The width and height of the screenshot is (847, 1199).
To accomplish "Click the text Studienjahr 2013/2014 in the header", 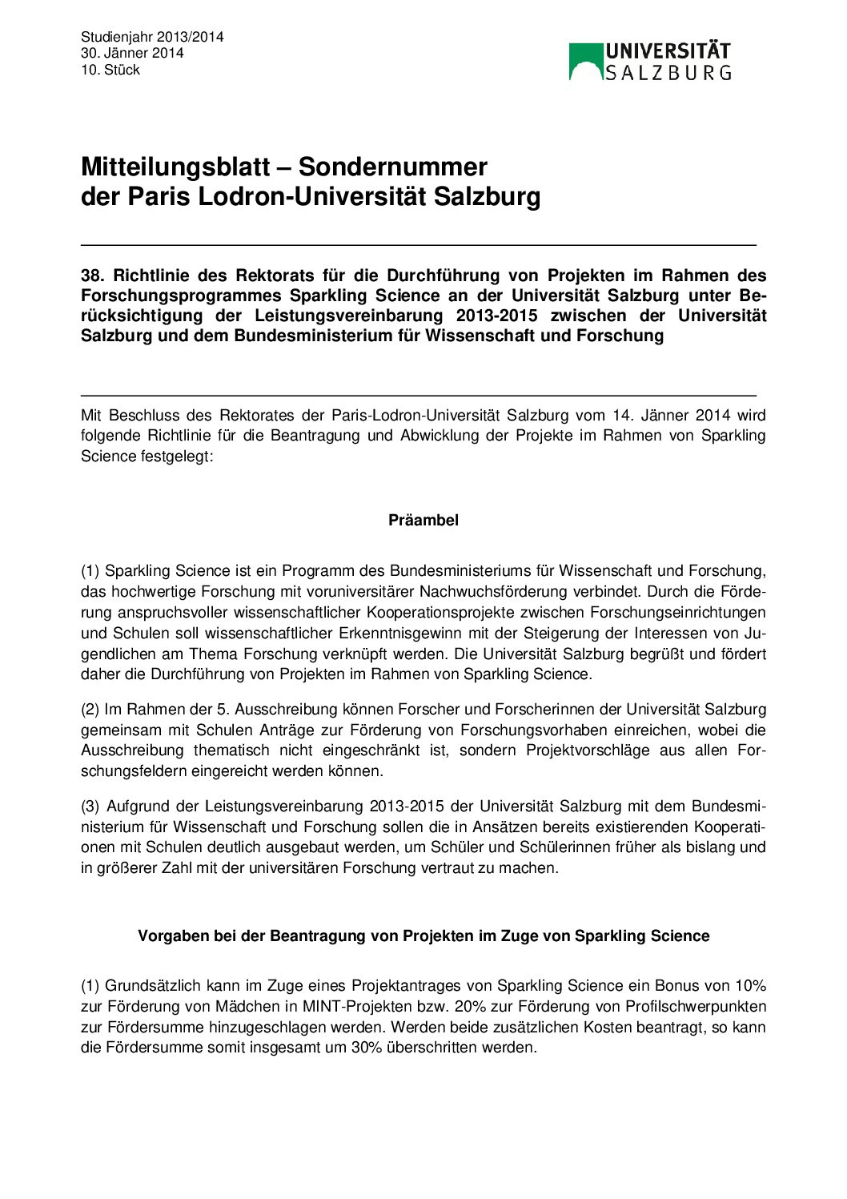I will coord(152,37).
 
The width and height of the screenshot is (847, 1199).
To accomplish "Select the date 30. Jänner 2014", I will coord(132,53).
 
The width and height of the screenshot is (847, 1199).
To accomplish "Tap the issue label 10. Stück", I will coord(110,70).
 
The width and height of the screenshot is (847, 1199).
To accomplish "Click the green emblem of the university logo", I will coord(585,62).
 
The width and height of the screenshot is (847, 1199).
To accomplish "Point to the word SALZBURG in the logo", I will coord(668,73).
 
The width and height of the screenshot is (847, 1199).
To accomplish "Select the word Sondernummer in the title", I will coord(392,167).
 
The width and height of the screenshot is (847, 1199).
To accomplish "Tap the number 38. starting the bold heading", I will coord(93,276).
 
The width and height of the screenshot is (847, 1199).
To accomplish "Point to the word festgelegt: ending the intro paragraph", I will coord(178,457).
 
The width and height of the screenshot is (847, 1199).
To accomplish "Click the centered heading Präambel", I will coord(423,521).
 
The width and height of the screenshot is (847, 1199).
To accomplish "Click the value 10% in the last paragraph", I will coord(750,986).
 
